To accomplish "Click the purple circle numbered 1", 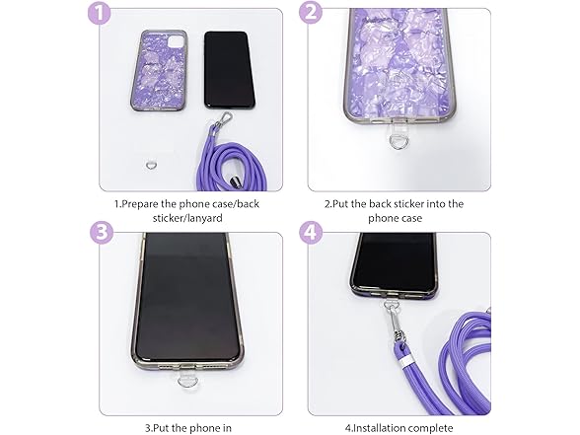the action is [99, 13].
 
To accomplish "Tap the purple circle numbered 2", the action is [311, 13].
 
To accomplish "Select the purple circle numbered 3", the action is [102, 232].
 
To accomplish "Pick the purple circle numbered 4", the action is [311, 232].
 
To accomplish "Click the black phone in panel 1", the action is [229, 70].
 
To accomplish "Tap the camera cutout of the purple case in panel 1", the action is [175, 39].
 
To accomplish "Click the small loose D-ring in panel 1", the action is [150, 165].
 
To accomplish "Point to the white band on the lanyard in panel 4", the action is [404, 361].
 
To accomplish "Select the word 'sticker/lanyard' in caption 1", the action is [187, 218].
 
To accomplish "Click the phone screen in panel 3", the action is [186, 296].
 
